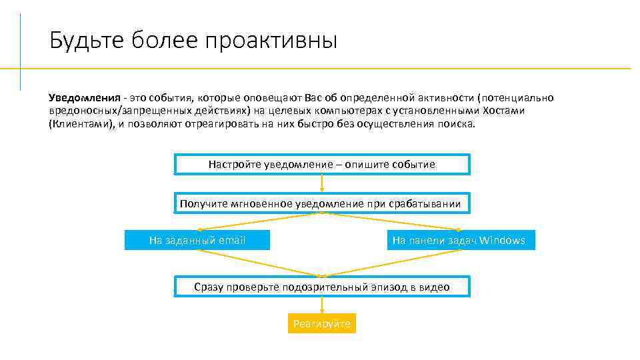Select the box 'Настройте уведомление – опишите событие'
pos(322,165)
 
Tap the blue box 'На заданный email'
pos(197,240)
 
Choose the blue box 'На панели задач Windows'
pos(460,240)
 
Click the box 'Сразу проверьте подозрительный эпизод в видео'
pos(322,287)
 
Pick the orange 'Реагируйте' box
pos(322,324)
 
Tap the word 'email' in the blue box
pos(232,240)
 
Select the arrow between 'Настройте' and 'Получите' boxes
pos(322,183)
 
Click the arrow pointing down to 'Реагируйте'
pos(322,305)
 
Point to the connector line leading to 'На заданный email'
pos(260,222)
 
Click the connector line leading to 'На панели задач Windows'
pos(390,221)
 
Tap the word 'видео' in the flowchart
pos(435,287)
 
